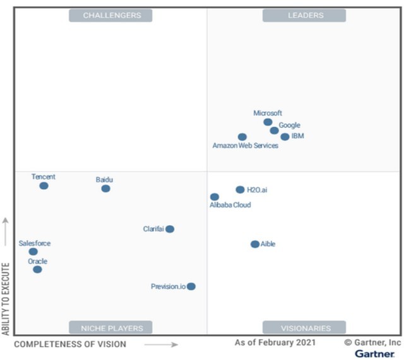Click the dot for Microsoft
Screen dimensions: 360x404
268,122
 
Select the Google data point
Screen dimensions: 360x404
274,131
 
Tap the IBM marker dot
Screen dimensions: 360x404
285,137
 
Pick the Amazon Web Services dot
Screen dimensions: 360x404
242,137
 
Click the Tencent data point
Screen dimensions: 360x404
44,186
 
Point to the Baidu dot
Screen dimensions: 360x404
105,189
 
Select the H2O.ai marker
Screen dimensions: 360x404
240,189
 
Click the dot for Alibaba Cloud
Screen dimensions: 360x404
215,197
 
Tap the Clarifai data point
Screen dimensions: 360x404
170,229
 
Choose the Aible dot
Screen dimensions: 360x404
255,244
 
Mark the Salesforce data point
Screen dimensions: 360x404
33,252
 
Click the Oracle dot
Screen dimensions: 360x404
37,269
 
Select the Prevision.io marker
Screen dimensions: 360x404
191,286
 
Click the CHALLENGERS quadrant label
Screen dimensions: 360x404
112,15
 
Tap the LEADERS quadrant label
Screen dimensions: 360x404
304,15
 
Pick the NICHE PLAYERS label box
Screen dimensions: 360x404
112,328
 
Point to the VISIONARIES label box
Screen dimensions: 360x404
304,328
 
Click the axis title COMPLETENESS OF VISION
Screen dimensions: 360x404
70,344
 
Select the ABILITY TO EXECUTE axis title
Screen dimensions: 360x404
6,298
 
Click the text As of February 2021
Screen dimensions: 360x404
275,343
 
